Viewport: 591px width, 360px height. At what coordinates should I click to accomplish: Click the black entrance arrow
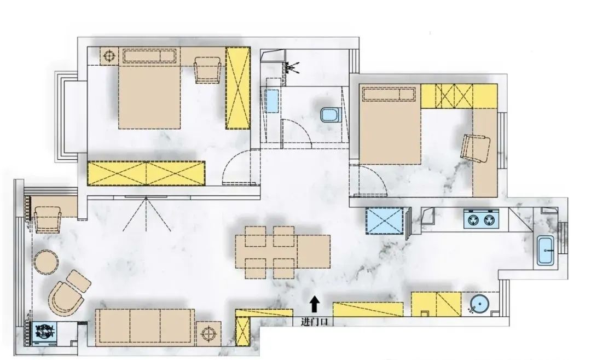315,304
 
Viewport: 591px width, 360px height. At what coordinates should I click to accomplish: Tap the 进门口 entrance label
314,322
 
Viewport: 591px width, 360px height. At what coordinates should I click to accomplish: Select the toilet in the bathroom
331,115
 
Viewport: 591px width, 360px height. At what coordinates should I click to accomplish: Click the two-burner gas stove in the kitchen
480,219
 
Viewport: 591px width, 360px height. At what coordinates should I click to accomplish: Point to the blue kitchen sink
546,250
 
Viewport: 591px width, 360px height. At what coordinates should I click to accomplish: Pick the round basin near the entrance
479,304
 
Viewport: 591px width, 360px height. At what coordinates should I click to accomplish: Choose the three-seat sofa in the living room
145,328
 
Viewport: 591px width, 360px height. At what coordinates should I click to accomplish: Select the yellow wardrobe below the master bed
146,173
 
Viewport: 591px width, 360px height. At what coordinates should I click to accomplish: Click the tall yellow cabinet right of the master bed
238,88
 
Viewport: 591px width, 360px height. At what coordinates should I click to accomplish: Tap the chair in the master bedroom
207,69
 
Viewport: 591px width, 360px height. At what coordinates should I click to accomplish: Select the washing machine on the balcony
44,333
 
